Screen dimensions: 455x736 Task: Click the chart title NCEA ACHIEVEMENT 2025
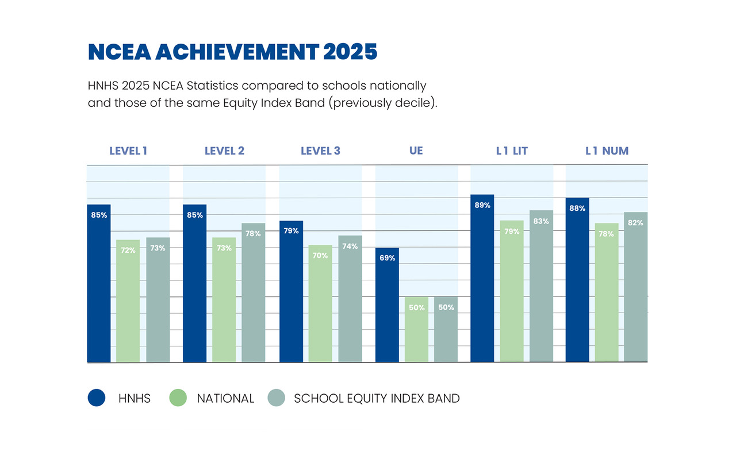232,52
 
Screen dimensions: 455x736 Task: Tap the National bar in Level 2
224,299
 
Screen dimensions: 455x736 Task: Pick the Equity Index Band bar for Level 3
350,299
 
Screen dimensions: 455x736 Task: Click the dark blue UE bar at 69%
387,305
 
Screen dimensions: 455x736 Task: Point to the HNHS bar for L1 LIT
482,278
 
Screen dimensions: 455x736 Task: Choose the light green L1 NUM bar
607,292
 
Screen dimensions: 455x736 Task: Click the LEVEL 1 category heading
128,151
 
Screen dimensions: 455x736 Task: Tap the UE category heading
416,151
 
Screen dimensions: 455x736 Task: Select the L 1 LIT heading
512,151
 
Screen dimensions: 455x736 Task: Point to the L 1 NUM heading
607,151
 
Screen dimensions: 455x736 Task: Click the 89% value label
482,205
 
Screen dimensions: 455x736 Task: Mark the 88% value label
577,209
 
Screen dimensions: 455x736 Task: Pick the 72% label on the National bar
128,250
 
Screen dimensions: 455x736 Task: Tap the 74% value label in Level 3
350,246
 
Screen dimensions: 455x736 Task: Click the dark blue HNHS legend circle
97,398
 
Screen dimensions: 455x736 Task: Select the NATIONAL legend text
225,398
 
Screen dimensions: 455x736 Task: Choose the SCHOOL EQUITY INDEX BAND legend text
377,398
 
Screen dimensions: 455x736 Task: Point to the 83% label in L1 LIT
542,221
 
